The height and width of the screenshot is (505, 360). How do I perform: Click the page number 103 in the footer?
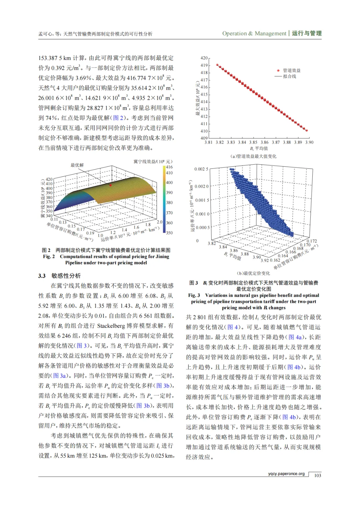tap(317, 475)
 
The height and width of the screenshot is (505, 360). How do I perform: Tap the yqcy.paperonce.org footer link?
tap(286, 474)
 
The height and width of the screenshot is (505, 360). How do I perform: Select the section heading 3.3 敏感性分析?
tap(59, 276)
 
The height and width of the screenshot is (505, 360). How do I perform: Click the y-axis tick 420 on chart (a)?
tap(204, 58)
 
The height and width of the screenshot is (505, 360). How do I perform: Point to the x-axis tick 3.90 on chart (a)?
tap(309, 142)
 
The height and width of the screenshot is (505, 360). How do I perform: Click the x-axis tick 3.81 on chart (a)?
tap(208, 142)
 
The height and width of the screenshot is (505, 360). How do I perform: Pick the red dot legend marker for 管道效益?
tap(278, 70)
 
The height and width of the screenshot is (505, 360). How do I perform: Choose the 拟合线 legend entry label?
tap(290, 76)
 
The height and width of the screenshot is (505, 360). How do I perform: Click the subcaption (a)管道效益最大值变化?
tap(253, 156)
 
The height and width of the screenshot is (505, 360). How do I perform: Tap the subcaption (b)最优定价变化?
tap(253, 273)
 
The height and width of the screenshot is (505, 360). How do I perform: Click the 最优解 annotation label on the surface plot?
tap(77, 165)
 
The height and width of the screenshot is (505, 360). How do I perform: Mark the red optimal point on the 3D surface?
tap(111, 185)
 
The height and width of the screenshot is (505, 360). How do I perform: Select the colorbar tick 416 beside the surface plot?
tap(169, 167)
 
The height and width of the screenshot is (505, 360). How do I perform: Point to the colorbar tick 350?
tap(169, 233)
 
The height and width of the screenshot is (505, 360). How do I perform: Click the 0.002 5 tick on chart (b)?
tap(201, 169)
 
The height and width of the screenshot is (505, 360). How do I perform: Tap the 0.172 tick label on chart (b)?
tap(312, 241)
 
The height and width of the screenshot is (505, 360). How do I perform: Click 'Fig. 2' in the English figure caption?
tap(49, 257)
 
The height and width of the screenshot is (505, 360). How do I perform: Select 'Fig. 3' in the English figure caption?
tap(194, 295)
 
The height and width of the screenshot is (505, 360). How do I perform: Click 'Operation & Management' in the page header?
tap(254, 33)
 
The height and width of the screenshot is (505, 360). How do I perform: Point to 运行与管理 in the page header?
tap(307, 33)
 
